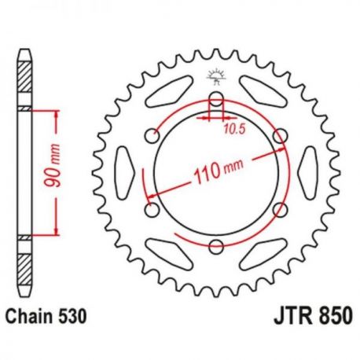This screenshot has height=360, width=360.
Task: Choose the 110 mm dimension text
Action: tap(215, 174)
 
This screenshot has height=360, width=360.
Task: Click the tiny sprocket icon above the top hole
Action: tap(215, 77)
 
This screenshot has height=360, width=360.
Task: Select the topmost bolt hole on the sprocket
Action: tap(215, 100)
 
